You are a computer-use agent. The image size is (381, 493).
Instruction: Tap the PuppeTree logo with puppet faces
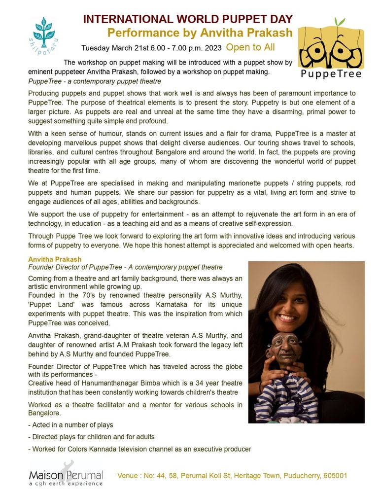click(330, 48)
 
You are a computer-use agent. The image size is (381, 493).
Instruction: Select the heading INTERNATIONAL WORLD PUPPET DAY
click(188, 20)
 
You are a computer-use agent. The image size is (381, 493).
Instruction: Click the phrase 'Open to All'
click(250, 47)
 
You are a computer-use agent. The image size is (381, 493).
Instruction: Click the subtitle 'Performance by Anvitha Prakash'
click(200, 33)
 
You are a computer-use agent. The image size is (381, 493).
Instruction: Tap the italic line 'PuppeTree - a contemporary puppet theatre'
click(95, 81)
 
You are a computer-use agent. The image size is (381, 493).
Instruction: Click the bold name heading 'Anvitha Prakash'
click(55, 259)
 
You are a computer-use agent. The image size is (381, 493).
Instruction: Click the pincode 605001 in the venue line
click(335, 476)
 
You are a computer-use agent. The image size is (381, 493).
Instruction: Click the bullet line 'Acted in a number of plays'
click(71, 425)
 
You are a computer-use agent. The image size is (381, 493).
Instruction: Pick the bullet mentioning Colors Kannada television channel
click(140, 449)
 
